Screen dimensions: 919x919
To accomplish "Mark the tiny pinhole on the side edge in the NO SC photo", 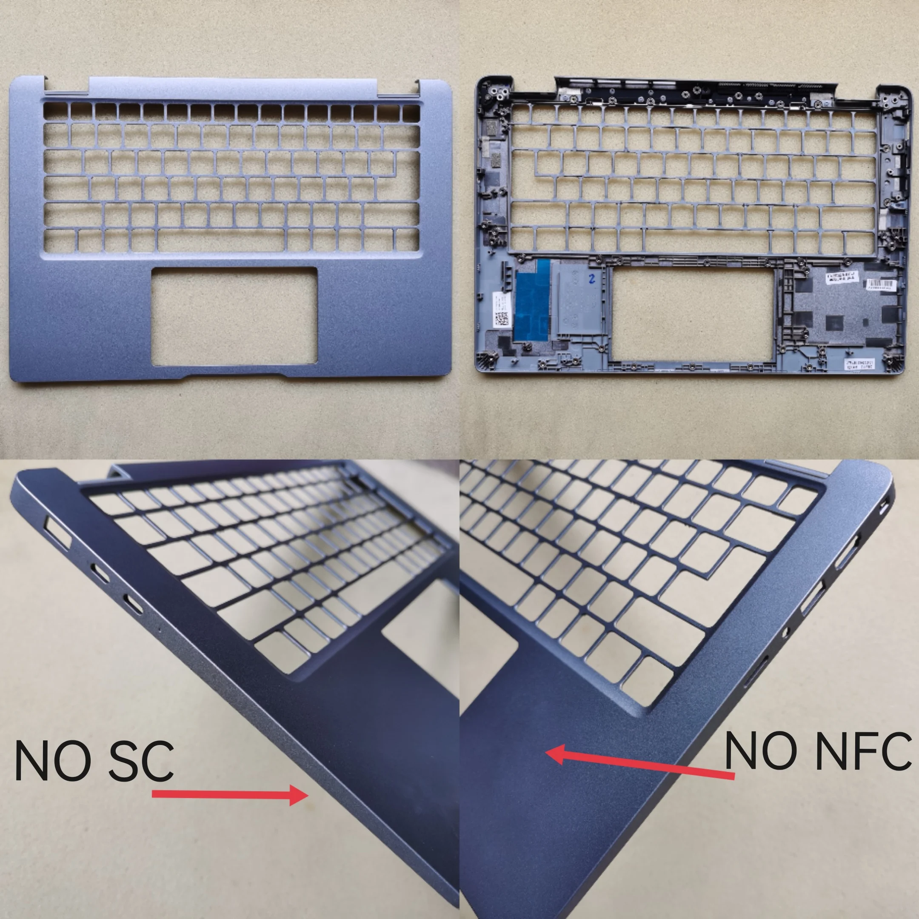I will (160, 628).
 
